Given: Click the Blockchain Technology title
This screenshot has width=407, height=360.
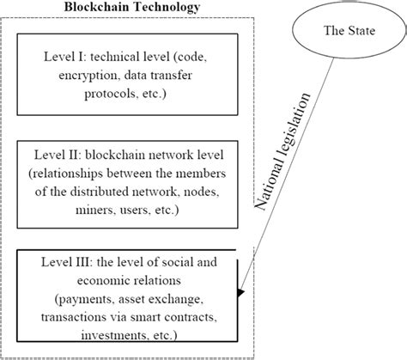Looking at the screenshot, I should (132, 8).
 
